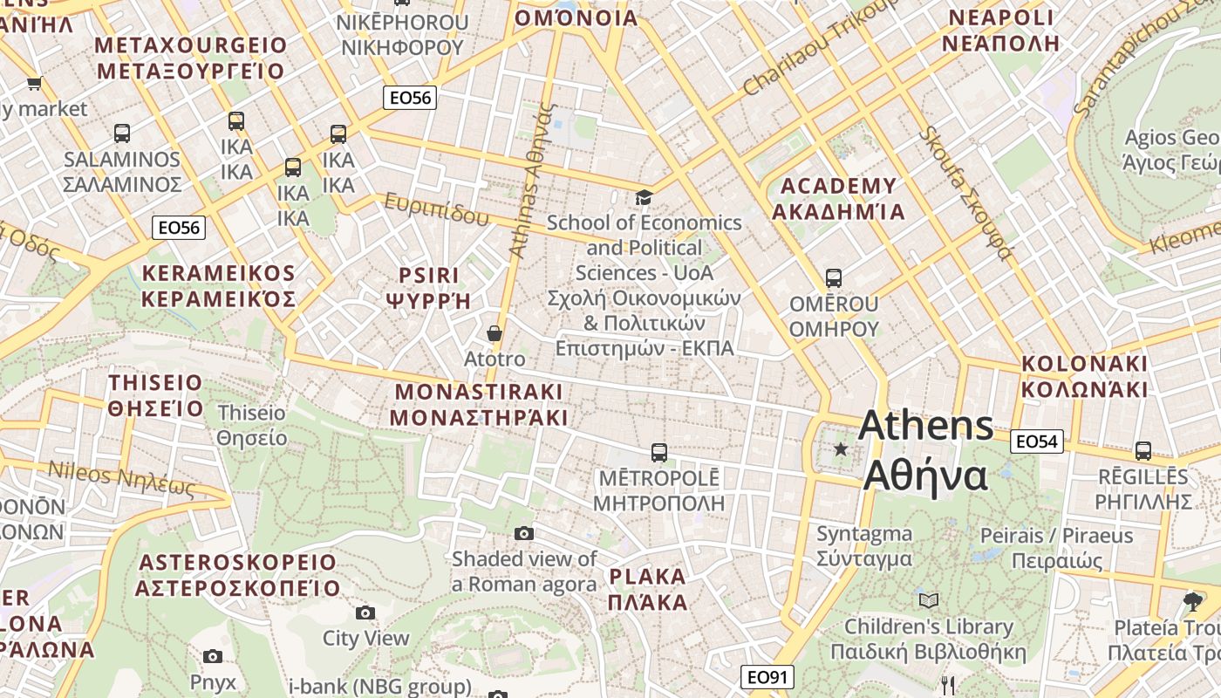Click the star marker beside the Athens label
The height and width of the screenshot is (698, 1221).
click(841, 449)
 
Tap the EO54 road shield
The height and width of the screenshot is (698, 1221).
click(1037, 441)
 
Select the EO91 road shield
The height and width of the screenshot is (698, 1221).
click(768, 677)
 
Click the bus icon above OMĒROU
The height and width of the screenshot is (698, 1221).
click(834, 278)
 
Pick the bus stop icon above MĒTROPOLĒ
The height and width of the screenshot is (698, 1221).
click(659, 453)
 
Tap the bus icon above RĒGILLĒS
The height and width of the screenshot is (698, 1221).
click(1143, 451)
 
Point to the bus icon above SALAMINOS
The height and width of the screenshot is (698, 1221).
click(122, 133)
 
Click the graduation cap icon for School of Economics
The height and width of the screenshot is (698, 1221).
click(644, 197)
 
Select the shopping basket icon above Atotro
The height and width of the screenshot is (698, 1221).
click(495, 333)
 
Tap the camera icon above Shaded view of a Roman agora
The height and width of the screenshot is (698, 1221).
click(524, 533)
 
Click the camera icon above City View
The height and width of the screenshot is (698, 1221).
click(365, 612)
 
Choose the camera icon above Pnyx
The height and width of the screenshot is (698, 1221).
click(213, 656)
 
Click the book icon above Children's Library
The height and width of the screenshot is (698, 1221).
click(929, 600)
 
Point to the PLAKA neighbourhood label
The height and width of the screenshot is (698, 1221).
click(648, 589)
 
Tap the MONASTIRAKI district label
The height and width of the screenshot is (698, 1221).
click(479, 404)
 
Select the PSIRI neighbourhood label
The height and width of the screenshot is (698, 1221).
click(428, 288)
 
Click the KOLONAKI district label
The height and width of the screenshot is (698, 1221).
click(1085, 376)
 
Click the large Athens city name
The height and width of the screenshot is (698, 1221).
click(925, 451)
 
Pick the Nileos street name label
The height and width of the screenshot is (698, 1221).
click(120, 479)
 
